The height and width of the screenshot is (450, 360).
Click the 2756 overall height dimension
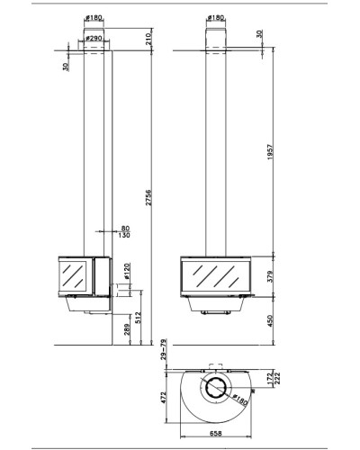148,197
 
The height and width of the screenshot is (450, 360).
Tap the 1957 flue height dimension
270,152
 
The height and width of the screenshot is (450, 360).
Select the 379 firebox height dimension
270,276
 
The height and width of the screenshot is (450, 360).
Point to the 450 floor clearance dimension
270,320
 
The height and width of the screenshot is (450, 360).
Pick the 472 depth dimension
164,398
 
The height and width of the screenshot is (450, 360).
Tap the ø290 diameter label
94,39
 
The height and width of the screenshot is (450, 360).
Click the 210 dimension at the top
149,39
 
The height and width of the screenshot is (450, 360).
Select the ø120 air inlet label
127,271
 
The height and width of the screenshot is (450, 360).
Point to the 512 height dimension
138,318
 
